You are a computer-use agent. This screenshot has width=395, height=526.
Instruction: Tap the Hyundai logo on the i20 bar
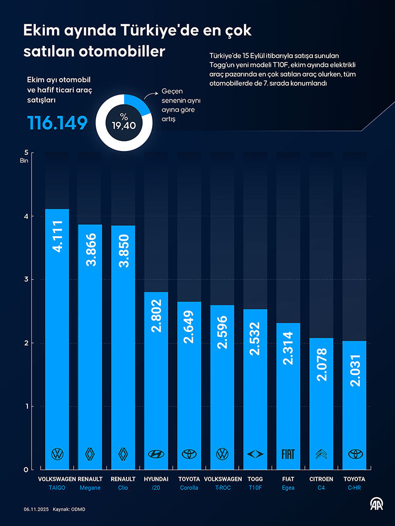pyautogui.click(x=156, y=454)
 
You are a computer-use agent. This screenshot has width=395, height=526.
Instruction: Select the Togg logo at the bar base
pyautogui.click(x=255, y=454)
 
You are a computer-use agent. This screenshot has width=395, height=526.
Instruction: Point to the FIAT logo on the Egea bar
pyautogui.click(x=288, y=454)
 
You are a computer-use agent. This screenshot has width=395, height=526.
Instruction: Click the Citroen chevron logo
pyautogui.click(x=321, y=454)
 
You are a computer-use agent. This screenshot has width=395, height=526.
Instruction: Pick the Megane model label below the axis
pyautogui.click(x=90, y=488)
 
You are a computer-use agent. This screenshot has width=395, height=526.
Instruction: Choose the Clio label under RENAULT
pyautogui.click(x=123, y=488)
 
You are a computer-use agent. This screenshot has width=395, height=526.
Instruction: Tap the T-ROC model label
pyautogui.click(x=222, y=488)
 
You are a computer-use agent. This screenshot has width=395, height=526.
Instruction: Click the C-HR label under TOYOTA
pyautogui.click(x=354, y=488)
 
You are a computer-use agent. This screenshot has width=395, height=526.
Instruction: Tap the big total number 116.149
pyautogui.click(x=57, y=124)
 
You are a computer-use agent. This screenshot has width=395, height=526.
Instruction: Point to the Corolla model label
pyautogui.click(x=189, y=488)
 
